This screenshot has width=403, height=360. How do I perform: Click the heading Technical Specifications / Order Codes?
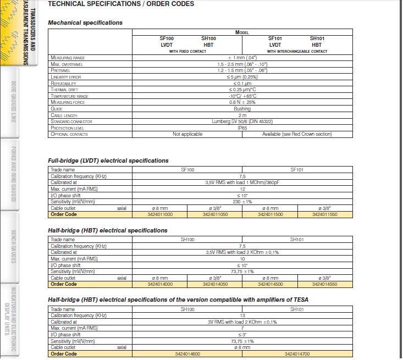(x=121, y=4)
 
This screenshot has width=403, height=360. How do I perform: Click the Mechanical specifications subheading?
(x=85, y=23)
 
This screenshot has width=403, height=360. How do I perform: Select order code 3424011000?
(x=160, y=214)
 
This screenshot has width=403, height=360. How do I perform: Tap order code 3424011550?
(x=325, y=214)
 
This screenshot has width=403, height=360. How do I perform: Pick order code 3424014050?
(x=215, y=284)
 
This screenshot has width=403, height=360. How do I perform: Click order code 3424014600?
(x=187, y=354)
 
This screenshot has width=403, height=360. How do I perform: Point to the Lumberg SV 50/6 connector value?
(x=242, y=121)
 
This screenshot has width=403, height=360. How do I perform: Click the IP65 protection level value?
(x=242, y=128)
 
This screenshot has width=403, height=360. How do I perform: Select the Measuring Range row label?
(x=68, y=58)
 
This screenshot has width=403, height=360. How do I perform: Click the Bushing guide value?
(x=242, y=109)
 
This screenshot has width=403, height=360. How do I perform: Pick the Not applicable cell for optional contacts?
(x=187, y=134)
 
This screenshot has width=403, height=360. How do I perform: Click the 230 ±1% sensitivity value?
(x=242, y=202)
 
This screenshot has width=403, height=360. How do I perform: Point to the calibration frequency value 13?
(x=242, y=315)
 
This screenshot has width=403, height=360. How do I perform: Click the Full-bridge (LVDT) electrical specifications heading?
(x=108, y=160)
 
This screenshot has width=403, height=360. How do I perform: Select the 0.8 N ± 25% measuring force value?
(x=242, y=102)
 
